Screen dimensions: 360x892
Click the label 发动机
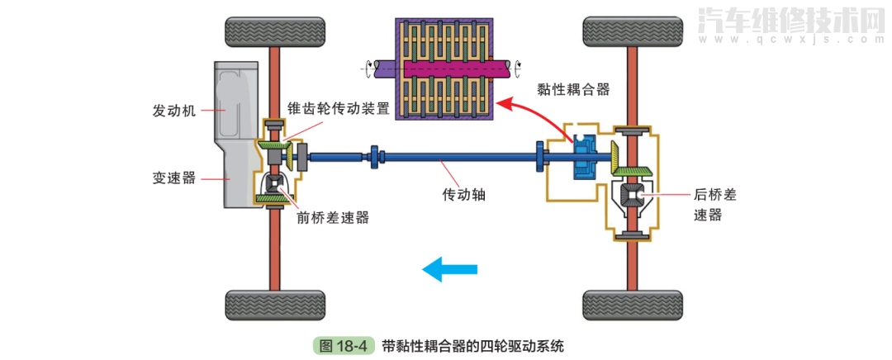tap(173, 111)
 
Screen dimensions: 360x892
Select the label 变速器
tap(173, 178)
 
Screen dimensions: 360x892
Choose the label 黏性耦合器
tap(572, 88)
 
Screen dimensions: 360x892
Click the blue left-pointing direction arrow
tap(449, 268)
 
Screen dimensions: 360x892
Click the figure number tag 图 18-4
tap(344, 346)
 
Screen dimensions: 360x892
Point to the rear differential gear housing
tap(633, 197)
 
